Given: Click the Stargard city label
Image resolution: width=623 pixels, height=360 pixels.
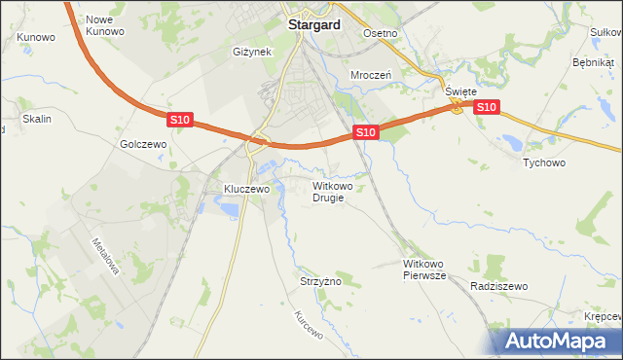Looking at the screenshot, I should (312, 26).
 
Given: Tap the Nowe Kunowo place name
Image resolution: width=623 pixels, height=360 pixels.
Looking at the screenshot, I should (105, 25).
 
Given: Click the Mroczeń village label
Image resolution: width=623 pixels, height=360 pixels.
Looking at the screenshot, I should (370, 74).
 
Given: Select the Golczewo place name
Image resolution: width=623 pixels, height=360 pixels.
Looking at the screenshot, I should (144, 143).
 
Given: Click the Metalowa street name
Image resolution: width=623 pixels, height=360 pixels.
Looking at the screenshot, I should (104, 257).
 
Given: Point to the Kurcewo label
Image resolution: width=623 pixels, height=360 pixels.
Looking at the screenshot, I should (308, 332).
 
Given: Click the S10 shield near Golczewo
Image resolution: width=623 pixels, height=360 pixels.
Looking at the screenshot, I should (179, 120).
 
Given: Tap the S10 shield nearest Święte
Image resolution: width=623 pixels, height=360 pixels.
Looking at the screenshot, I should (488, 107).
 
